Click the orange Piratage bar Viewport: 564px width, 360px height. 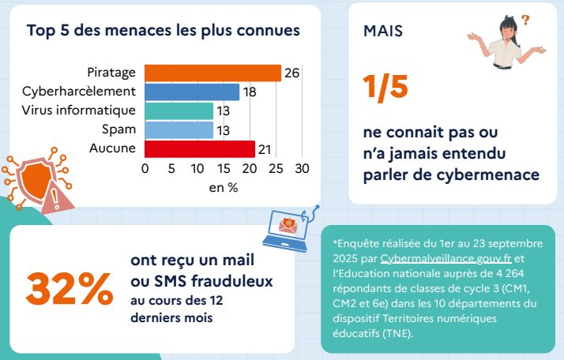point(213,73)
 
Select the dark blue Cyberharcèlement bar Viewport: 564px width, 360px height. point(192,92)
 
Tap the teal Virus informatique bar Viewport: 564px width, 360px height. point(179,111)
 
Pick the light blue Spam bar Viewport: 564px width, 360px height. point(179,129)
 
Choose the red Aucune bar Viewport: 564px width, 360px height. point(200,148)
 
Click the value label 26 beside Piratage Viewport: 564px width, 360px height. point(291,73)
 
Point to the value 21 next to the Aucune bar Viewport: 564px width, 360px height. point(265,148)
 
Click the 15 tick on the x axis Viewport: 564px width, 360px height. point(224,168)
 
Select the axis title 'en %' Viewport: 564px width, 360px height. point(223,188)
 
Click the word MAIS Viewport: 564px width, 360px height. point(382,31)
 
